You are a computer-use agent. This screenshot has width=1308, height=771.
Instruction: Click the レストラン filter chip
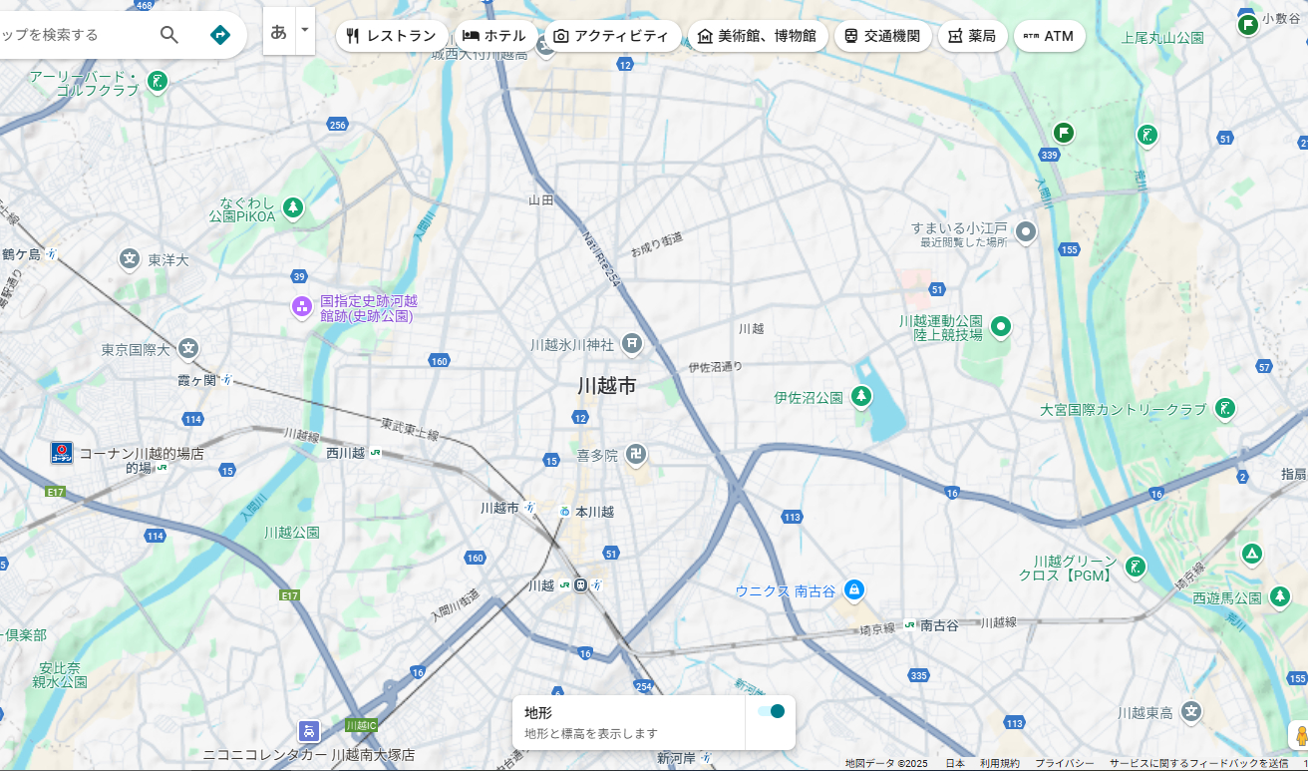(x=391, y=36)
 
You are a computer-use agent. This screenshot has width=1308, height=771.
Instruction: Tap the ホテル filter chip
(x=494, y=36)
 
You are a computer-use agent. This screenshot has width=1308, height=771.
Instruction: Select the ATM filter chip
(x=1049, y=36)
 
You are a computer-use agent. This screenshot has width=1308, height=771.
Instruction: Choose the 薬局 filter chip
(x=972, y=36)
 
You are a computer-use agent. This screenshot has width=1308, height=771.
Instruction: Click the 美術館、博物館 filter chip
(x=758, y=36)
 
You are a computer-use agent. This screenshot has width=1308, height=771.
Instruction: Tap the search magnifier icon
(x=169, y=35)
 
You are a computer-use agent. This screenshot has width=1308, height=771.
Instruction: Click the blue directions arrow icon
(x=220, y=35)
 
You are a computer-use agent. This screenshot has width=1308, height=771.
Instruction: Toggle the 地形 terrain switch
(x=771, y=711)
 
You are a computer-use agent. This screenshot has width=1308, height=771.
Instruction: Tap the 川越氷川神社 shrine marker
(x=632, y=344)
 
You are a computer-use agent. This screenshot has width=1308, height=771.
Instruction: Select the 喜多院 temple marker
(x=636, y=455)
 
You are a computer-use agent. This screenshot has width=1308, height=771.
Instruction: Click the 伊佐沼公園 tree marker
(x=861, y=397)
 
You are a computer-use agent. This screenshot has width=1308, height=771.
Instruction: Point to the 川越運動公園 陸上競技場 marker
(x=1000, y=326)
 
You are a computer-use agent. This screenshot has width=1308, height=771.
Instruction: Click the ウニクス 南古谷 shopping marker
(x=853, y=589)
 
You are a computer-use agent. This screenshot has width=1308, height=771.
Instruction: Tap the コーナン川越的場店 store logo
(x=62, y=453)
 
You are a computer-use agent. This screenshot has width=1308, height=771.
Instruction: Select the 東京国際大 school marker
(x=188, y=349)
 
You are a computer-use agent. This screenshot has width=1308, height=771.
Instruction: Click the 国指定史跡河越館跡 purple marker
(x=302, y=306)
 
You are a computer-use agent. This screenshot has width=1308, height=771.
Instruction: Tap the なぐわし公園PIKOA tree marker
(x=293, y=207)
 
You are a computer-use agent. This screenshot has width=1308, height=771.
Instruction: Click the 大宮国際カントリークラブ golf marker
(x=1225, y=408)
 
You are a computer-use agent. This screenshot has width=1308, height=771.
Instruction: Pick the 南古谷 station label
(x=938, y=624)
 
